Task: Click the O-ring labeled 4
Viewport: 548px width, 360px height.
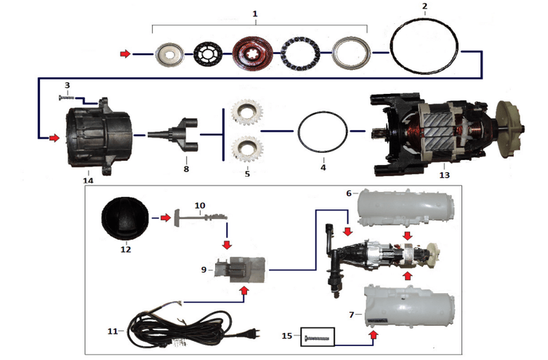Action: coord(323,112)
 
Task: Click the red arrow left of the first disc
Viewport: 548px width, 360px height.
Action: coord(126,53)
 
